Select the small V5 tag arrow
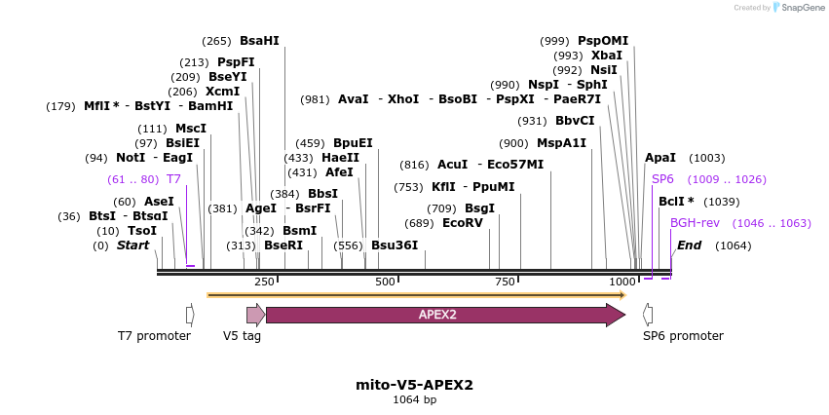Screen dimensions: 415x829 pos(255,315)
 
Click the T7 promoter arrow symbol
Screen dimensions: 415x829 pos(190,315)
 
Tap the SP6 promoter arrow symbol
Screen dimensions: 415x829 pos(648,315)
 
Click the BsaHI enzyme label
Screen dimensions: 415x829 pos(259,41)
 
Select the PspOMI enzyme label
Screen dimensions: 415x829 pos(603,41)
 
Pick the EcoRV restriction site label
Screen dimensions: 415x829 pos(463,223)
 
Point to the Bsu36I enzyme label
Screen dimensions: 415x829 pos(395,245)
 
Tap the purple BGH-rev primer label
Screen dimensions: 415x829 pos(695,223)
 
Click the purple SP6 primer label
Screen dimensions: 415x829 pos(662,179)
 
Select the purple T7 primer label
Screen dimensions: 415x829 pos(173,179)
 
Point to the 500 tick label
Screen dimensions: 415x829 pos(385,282)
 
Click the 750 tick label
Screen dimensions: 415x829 pos(505,282)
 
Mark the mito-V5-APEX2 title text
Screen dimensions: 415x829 pos(415,385)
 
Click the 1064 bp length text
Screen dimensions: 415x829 pos(415,400)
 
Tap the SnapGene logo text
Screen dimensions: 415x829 pos(802,8)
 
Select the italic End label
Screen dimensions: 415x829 pos(689,245)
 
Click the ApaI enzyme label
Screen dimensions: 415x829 pos(660,158)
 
